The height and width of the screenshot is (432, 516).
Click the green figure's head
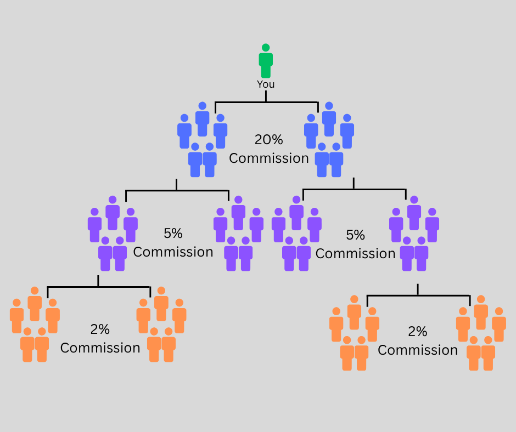[x=266, y=48]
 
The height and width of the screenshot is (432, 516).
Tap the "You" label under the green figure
[x=266, y=84]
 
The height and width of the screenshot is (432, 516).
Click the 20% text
[x=268, y=140]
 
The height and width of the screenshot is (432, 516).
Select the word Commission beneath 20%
[x=268, y=158]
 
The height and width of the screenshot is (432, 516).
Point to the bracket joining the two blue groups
[x=266, y=102]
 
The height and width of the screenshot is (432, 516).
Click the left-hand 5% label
[x=173, y=234]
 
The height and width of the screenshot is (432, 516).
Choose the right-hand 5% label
[x=355, y=235]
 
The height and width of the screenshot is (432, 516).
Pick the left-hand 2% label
[x=100, y=329]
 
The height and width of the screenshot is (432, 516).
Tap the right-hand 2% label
[x=417, y=332]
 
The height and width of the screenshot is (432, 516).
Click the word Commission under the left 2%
[x=100, y=348]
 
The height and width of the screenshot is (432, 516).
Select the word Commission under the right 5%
[x=355, y=254]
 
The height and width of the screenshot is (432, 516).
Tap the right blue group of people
[x=329, y=140]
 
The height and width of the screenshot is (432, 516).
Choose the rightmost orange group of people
[x=481, y=334]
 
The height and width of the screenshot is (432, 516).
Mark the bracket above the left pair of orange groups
[x=99, y=287]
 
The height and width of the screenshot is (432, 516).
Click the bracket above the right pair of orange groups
[x=418, y=296]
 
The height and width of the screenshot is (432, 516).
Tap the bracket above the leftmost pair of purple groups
[x=177, y=191]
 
